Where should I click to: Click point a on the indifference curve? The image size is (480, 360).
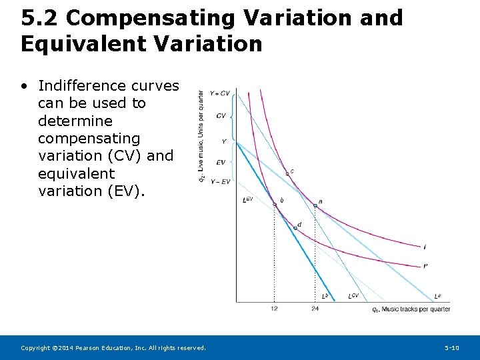point(315,206)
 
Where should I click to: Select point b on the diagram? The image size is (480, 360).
point(274,204)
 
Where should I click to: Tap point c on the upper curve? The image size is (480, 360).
point(287,173)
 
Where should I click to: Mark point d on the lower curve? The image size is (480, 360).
point(295,228)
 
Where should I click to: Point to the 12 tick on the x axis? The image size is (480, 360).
point(274,309)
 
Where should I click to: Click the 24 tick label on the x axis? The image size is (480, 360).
point(315,309)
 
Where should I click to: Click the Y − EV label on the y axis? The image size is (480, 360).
point(220,181)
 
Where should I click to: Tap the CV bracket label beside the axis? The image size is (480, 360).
point(221,116)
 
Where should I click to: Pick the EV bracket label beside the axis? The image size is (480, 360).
point(221,162)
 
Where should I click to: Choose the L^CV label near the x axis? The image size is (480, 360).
point(353,295)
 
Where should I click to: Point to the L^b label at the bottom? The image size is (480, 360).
point(325,295)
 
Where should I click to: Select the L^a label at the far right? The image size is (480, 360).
point(437,295)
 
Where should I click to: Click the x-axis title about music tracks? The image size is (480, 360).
point(411,309)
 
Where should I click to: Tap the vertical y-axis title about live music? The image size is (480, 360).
point(201,136)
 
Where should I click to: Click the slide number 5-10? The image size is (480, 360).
point(452,348)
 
